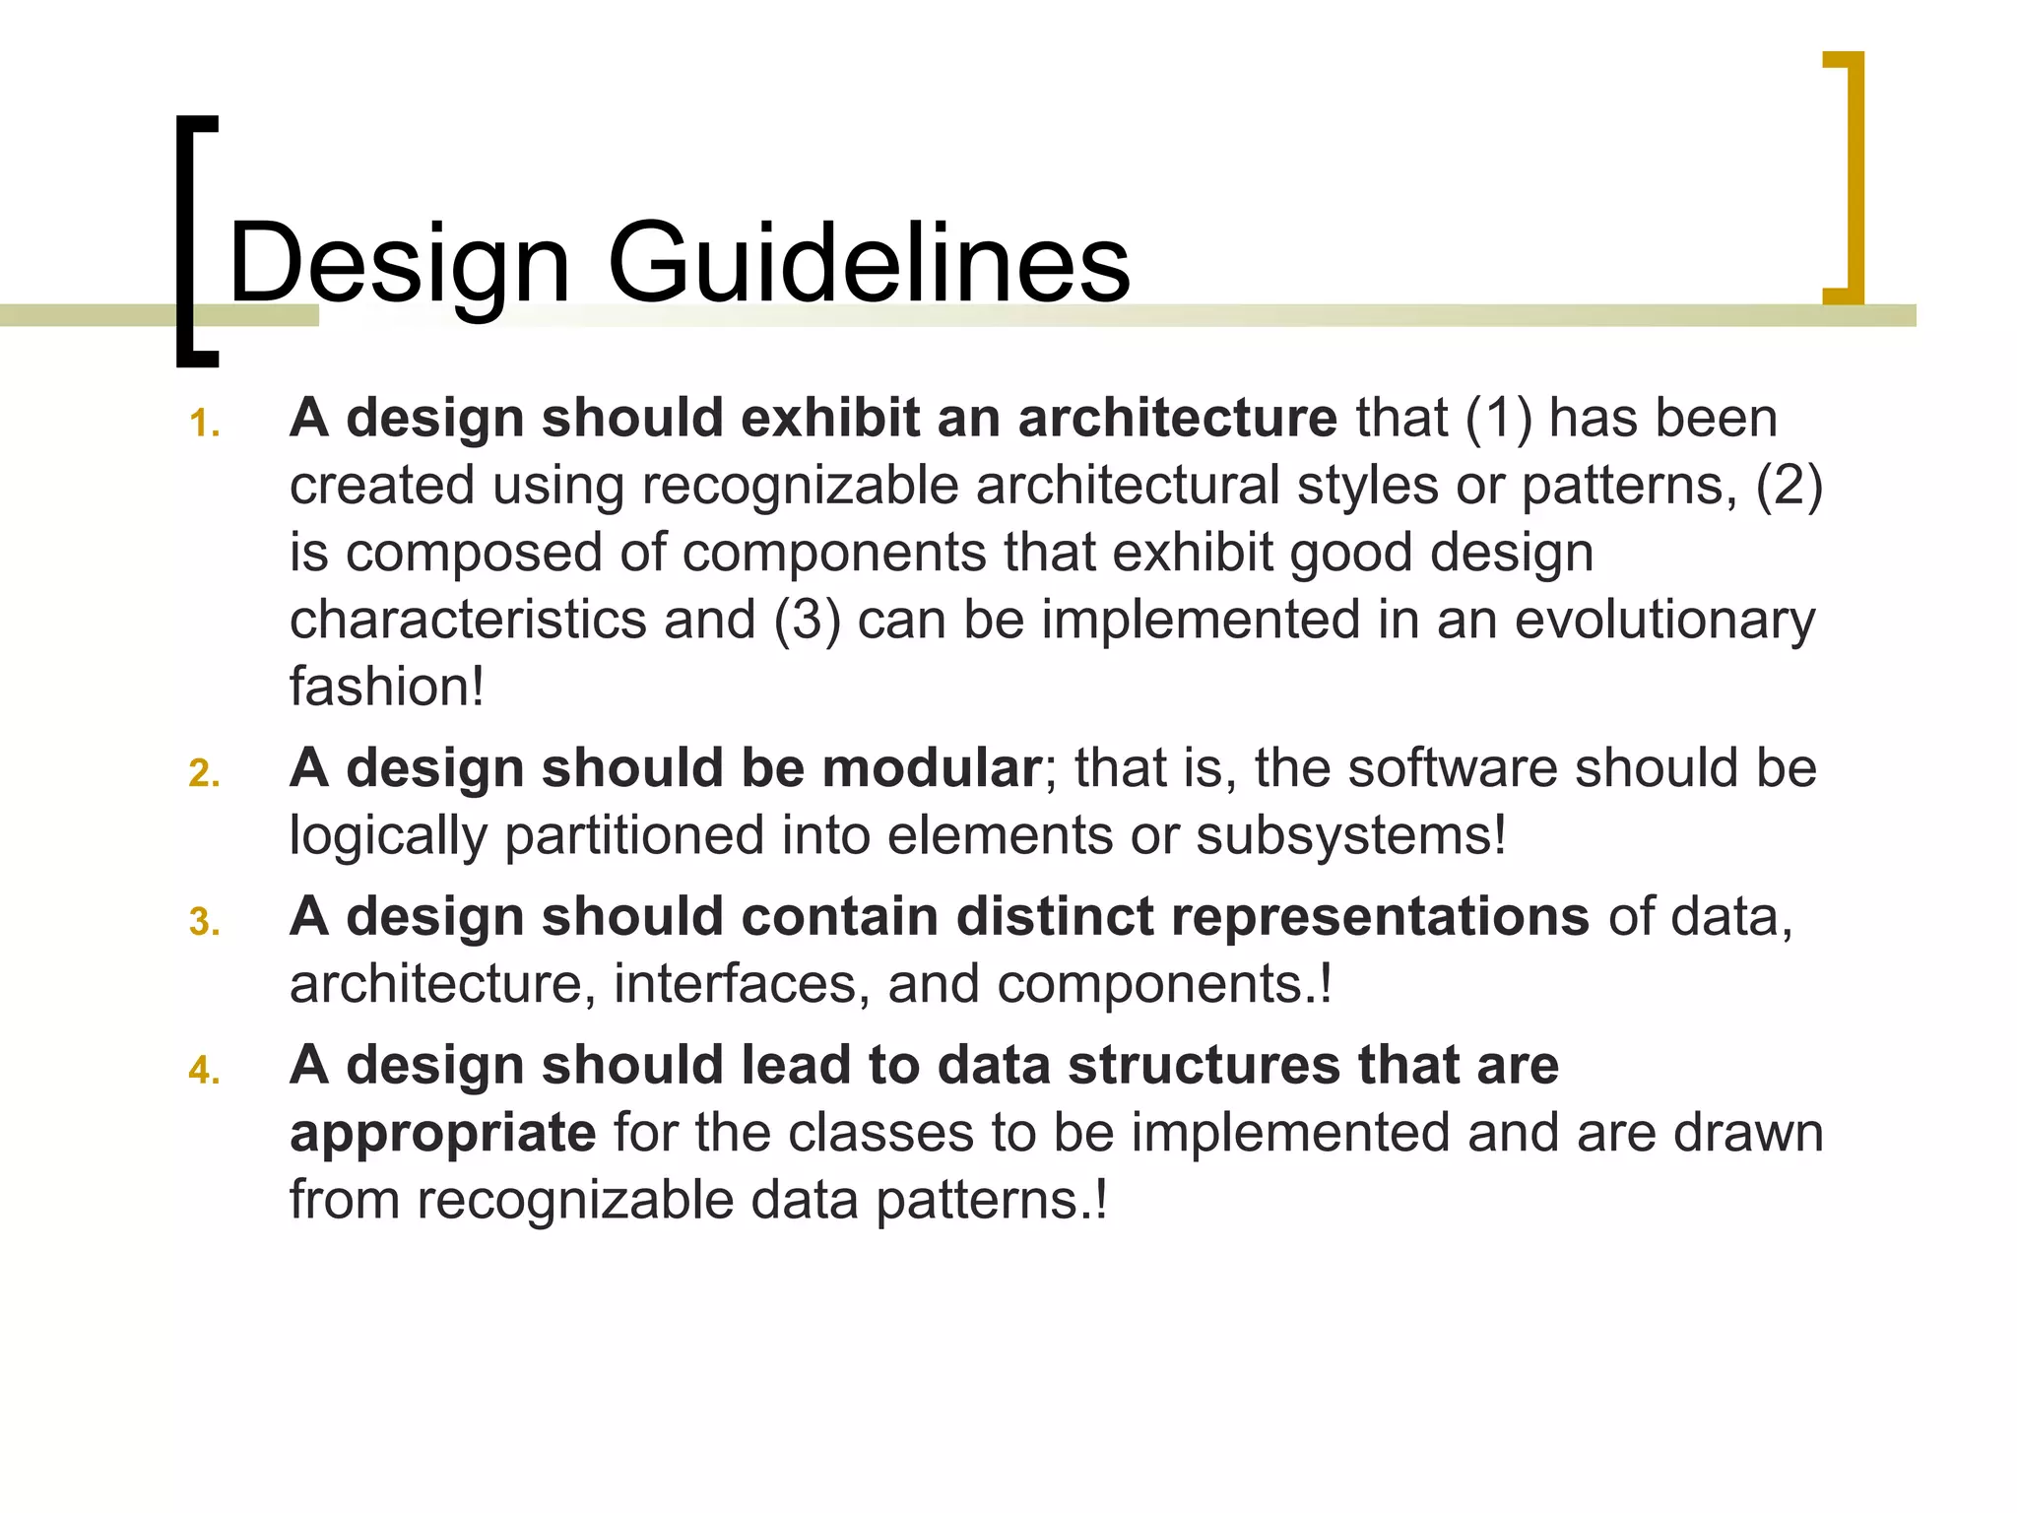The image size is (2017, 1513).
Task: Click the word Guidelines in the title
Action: [869, 263]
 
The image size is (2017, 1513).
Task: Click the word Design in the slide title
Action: [399, 263]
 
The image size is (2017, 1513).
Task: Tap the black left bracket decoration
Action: [189, 241]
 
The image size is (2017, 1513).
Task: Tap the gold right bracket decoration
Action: [1852, 177]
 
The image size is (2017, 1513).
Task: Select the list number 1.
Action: [204, 424]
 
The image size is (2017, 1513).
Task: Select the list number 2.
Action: [204, 773]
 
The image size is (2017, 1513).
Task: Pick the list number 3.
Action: [204, 922]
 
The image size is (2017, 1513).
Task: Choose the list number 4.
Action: [204, 1070]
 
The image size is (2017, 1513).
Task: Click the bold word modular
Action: [931, 767]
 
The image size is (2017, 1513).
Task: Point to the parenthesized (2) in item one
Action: [1789, 486]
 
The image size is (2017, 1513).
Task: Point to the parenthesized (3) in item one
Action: [807, 620]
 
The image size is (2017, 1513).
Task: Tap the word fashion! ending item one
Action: [386, 687]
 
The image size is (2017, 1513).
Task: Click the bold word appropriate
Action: [442, 1134]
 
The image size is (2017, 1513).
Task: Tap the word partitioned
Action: [634, 836]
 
